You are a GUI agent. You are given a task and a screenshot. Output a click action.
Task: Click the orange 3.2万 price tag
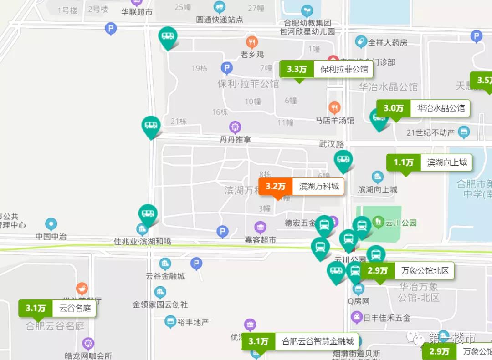coord(276,186)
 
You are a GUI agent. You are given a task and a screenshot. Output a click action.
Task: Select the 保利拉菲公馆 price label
coord(326,70)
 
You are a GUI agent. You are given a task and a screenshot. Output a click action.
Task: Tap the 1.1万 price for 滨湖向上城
coord(403,162)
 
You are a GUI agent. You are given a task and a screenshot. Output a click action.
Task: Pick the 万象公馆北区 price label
coord(407,271)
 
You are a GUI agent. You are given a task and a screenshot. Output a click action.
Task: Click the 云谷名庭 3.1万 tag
coord(57,308)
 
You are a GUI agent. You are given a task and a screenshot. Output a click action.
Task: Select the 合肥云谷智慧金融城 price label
coord(300,341)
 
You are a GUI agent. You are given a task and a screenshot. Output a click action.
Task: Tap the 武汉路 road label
coord(331,144)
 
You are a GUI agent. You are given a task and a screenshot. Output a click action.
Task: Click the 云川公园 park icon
coord(378,223)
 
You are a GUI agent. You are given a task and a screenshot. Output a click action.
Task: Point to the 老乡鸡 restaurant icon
coord(252,43)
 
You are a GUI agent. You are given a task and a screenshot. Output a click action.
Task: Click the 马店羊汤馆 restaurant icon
coord(334,108)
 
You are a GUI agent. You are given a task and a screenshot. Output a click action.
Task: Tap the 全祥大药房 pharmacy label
coord(387,42)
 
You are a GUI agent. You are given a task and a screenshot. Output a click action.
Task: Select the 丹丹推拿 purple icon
coord(235,127)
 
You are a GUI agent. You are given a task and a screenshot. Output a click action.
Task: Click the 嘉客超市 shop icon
coord(260,227)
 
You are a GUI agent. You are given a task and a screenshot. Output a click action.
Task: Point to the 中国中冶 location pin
coord(51,224)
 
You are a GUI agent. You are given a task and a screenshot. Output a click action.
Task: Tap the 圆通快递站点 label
coord(220,20)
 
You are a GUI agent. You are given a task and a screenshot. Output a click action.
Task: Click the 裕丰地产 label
coord(193,322)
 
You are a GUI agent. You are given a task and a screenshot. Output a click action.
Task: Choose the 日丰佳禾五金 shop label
coord(387,317)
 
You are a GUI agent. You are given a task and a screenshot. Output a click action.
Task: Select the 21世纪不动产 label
coord(430,132)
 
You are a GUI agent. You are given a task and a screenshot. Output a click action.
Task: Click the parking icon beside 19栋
coord(227,68)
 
